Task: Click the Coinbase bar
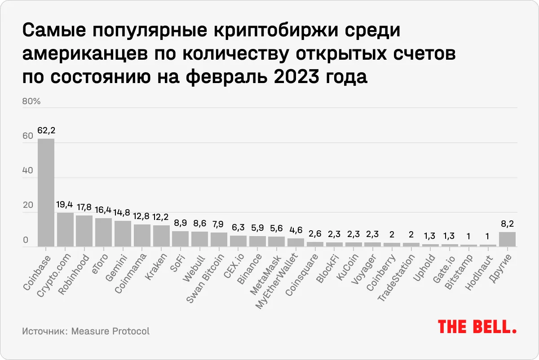click(46, 192)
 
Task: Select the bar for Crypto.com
click(65, 229)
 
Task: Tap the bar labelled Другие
click(507, 239)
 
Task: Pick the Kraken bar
click(161, 236)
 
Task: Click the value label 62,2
click(46, 131)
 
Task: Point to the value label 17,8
click(84, 208)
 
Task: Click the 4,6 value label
click(296, 230)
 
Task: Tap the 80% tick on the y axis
click(31, 101)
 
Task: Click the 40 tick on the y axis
click(28, 171)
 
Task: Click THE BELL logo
click(477, 327)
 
